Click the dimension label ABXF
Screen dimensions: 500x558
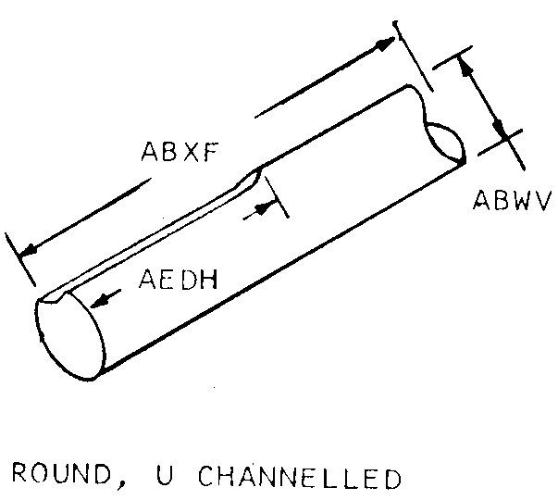click(180, 153)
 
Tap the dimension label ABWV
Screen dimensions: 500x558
click(512, 199)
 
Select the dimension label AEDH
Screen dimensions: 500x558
click(178, 278)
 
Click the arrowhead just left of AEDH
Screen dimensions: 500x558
click(101, 299)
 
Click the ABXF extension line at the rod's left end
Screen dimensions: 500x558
click(19, 259)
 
